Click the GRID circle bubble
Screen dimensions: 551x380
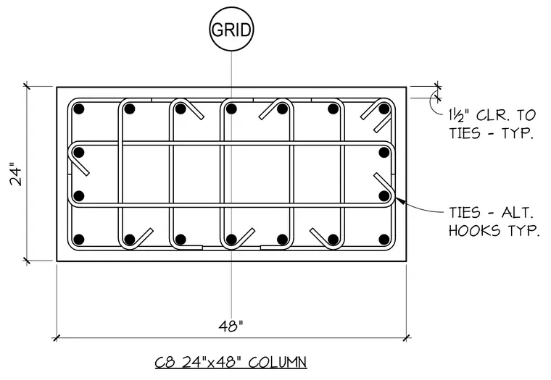tap(231, 30)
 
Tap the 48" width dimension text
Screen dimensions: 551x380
tap(231, 326)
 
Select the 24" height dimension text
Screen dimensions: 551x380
tap(16, 174)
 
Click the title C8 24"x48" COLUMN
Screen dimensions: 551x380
tap(231, 362)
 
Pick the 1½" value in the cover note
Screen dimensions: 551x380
tap(460, 115)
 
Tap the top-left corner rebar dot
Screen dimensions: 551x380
tap(79, 109)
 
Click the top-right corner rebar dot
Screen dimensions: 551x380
tap(384, 109)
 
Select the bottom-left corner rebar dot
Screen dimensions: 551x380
tap(79, 240)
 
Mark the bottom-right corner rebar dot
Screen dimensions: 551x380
tap(384, 240)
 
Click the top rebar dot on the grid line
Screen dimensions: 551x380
tap(231, 109)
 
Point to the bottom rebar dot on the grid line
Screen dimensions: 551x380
tap(231, 240)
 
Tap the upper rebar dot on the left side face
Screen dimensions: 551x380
tap(79, 152)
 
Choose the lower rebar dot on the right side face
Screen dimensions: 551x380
tap(384, 195)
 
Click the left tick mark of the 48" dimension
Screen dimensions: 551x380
tap(57, 338)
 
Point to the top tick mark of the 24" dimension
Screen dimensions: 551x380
tap(27, 86)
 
